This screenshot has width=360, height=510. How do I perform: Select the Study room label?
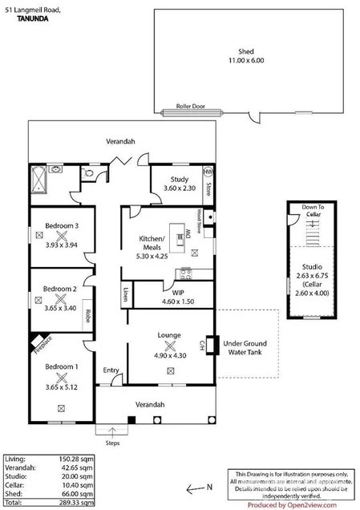point(179,180)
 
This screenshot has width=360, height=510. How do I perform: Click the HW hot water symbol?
point(208,172)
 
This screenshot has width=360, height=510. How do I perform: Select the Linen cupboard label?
point(127,294)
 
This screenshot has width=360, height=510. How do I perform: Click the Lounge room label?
point(169,334)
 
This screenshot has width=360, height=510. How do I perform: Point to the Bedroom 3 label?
point(60,226)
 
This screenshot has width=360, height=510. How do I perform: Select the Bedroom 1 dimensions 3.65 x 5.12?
point(60,386)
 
